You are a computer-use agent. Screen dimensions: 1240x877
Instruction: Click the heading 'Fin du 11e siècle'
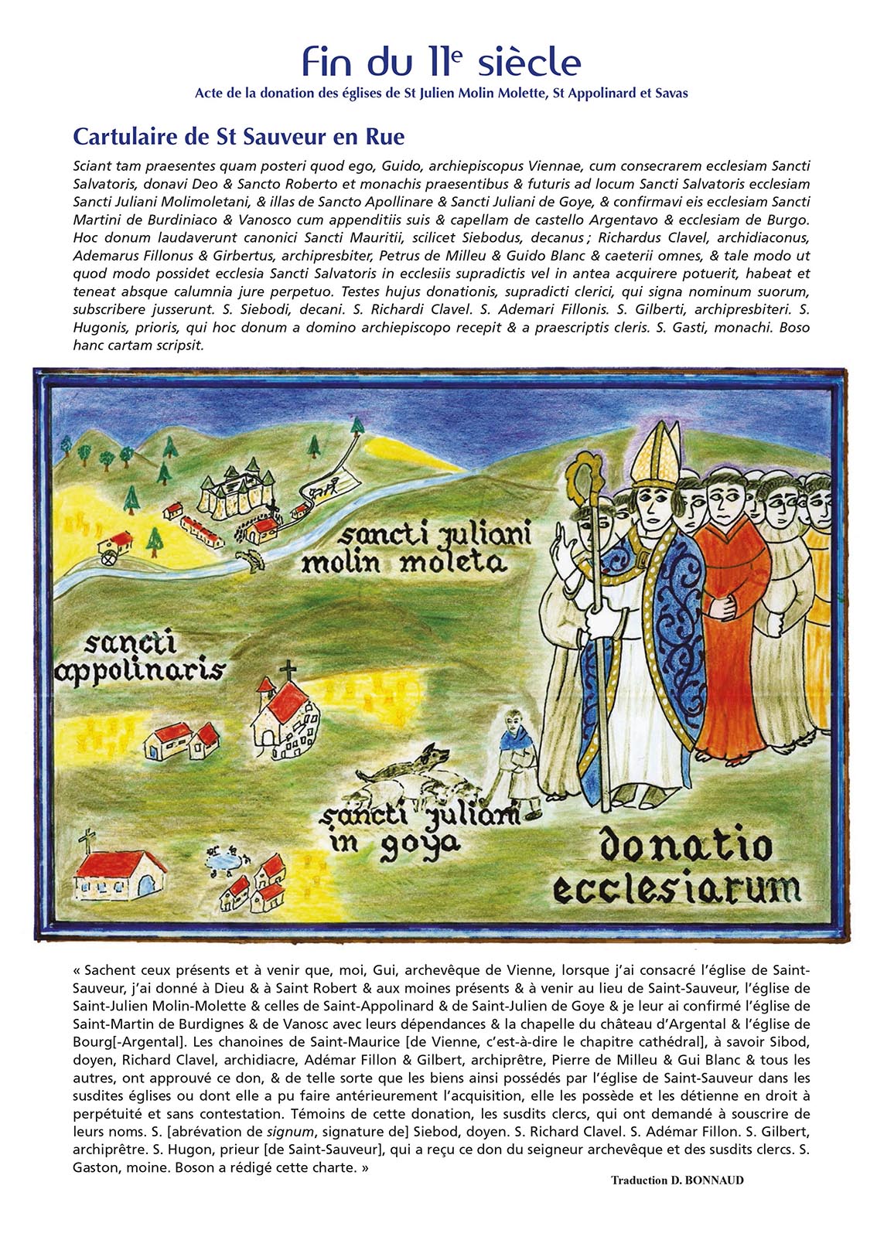[x=441, y=62]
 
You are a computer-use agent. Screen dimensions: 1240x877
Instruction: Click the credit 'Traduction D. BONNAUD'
[x=677, y=1180]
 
